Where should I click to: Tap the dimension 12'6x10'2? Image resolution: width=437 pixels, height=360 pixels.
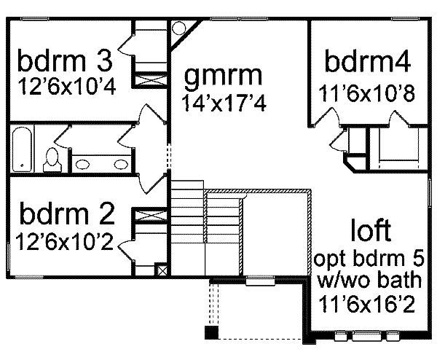[x=64, y=240]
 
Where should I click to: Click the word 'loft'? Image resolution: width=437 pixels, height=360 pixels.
[x=371, y=231]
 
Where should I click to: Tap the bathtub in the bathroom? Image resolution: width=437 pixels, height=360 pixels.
[x=22, y=149]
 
